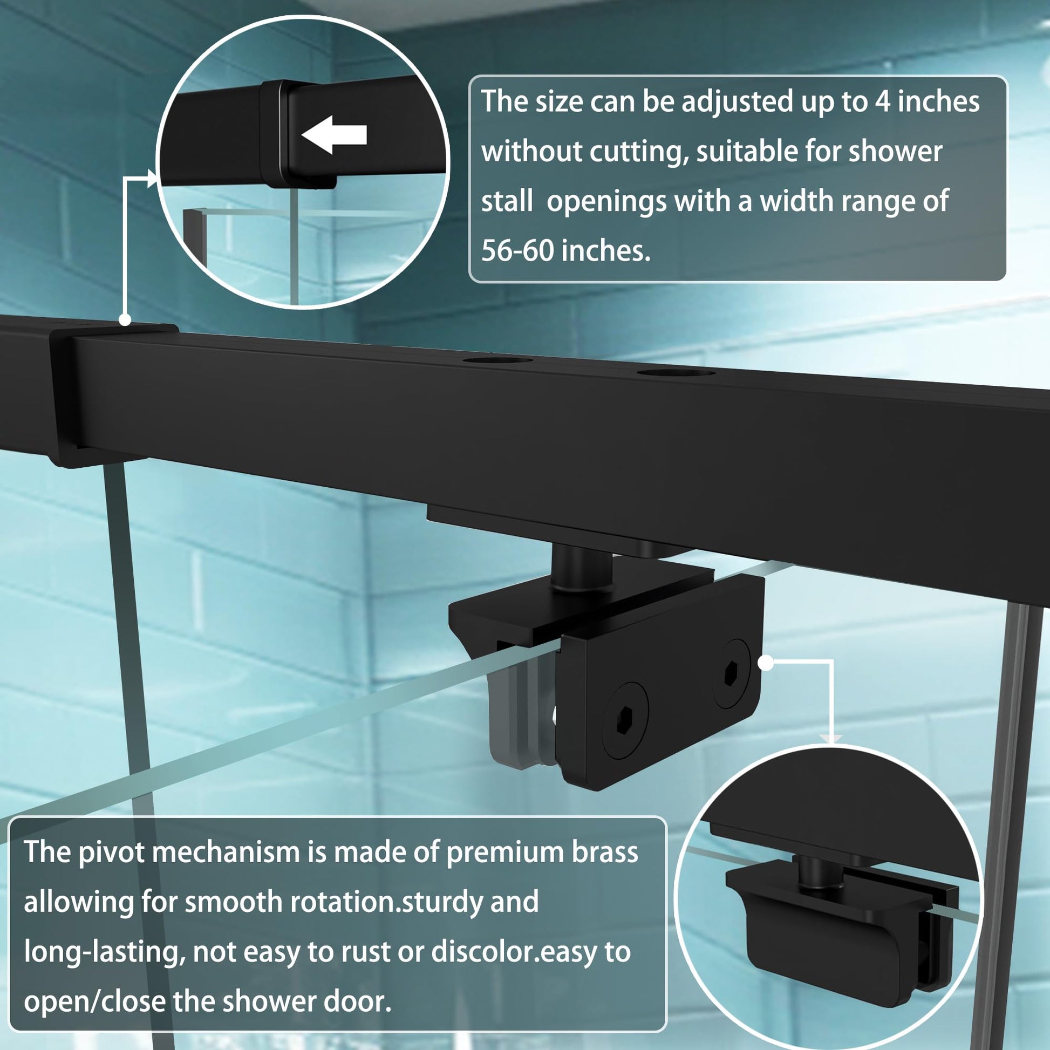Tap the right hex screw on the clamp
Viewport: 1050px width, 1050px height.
pos(732,674)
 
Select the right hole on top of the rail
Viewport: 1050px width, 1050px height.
pos(676,372)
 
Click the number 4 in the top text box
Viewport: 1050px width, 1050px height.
pos(883,101)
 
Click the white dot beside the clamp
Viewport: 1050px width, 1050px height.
pos(766,663)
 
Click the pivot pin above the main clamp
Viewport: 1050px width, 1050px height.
pos(581,569)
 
